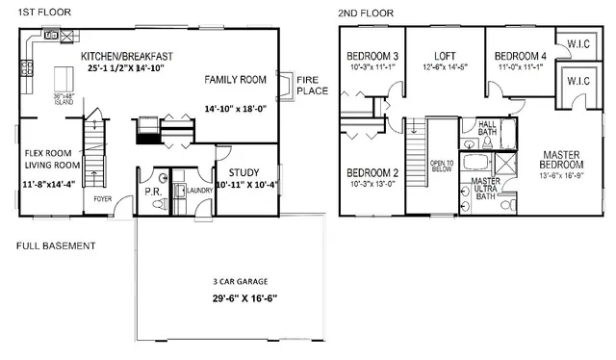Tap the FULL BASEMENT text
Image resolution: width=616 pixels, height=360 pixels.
tap(56, 246)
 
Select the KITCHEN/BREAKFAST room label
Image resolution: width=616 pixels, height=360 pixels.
tap(129, 56)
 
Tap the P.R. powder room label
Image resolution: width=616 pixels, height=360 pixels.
tap(151, 191)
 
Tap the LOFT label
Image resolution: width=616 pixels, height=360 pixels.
tap(445, 55)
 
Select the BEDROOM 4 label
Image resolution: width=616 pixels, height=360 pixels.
tap(518, 55)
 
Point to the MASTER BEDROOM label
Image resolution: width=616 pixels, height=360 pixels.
tap(559, 161)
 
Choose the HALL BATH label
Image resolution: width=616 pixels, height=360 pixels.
tap(488, 123)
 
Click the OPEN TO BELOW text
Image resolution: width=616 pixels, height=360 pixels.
tap(442, 169)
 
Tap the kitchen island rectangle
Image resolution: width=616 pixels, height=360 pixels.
tap(65, 76)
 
